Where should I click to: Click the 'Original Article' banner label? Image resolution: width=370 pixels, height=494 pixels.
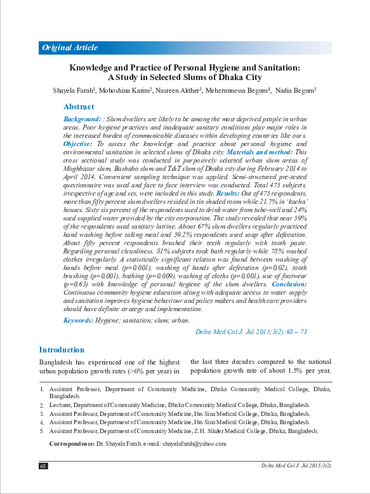click(x=70, y=48)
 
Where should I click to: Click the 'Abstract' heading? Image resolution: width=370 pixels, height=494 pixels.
click(x=79, y=107)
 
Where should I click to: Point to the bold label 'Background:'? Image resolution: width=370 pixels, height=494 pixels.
click(x=82, y=119)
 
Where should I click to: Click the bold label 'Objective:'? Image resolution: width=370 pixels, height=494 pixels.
click(x=78, y=144)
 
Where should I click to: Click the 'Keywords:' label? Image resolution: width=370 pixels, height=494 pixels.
click(x=78, y=321)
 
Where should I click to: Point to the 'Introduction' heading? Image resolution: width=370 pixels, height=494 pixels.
click(x=62, y=350)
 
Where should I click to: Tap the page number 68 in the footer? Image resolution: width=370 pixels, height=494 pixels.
click(x=43, y=465)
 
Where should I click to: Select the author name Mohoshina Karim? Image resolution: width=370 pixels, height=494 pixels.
click(x=125, y=91)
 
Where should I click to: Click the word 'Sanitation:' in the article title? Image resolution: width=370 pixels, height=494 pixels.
click(x=277, y=67)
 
